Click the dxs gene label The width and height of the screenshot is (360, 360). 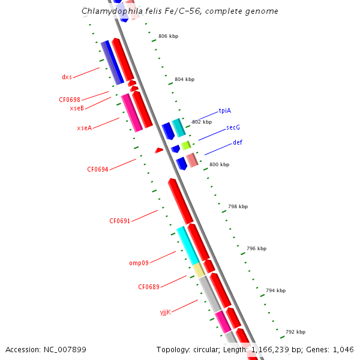pos(67,77)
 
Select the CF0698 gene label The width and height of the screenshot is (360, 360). pos(69,100)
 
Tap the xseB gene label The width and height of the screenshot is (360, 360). pos(77,108)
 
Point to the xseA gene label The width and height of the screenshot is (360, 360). pos(84,128)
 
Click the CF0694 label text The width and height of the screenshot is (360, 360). pos(97,169)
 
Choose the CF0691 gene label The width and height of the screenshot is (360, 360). pos(119,221)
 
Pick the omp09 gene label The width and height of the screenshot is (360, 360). pos(139,263)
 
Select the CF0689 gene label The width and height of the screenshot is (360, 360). pos(148,287)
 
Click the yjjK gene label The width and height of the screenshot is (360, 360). pos(165,311)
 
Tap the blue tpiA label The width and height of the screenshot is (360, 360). pos(225,110)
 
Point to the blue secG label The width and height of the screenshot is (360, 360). pos(233,128)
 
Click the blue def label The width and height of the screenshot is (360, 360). pos(238,142)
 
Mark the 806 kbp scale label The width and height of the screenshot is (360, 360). pos(168,36)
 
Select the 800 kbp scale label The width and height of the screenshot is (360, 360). pos(218,164)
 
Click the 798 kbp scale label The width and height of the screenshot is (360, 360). pos(238,206)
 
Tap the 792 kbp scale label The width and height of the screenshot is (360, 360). pos(295,332)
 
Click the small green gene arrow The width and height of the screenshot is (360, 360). pos(186,145)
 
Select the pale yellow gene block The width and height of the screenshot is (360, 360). pos(199,270)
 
